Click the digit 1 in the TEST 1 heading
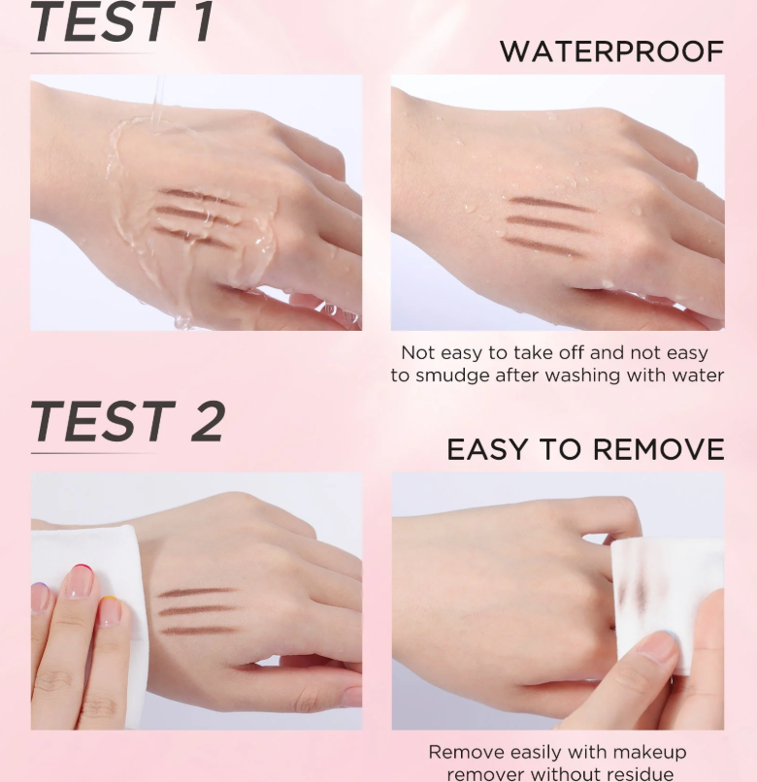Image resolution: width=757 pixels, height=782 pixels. click(x=203, y=22)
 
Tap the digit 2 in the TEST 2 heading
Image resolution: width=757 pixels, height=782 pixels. click(x=208, y=421)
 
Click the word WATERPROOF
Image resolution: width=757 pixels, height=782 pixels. click(x=611, y=51)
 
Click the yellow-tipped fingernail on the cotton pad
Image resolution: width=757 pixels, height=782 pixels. click(x=110, y=610)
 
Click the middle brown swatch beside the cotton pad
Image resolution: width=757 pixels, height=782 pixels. click(x=196, y=610)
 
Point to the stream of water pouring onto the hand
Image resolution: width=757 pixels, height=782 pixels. click(x=159, y=100)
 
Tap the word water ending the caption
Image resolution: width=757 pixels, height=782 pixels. click(x=698, y=375)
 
